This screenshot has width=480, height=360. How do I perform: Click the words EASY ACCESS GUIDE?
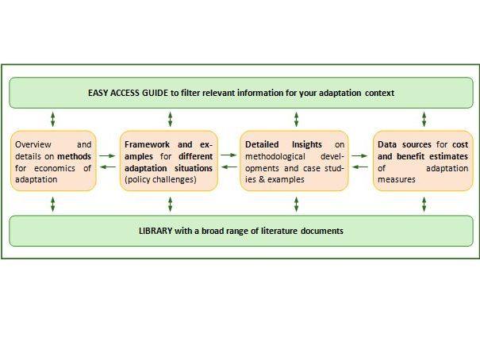coord(128,93)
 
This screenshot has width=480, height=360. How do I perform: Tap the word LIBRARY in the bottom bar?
coord(156,231)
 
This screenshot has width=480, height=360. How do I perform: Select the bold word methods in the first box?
coord(74,156)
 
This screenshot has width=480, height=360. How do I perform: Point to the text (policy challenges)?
coord(160,179)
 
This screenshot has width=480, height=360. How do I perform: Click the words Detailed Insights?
coord(283,144)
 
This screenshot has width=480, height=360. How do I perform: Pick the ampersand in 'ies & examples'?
coord(262,179)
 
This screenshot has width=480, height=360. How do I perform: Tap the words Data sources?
coord(405,144)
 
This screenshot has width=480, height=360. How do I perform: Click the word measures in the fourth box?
coord(397,179)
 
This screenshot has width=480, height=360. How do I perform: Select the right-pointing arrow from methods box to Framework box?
coord(107,155)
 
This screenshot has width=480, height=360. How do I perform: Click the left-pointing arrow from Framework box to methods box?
coord(108,167)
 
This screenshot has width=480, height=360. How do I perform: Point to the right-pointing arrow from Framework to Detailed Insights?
coord(228,155)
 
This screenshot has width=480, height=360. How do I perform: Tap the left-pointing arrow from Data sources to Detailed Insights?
coord(360,167)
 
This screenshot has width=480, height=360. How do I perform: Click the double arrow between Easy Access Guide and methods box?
coord(53,119)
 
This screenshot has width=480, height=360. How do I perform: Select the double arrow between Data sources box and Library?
coord(424,205)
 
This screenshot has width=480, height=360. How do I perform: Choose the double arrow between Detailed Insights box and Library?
coord(296,205)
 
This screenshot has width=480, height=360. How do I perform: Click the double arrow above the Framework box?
coord(171,119)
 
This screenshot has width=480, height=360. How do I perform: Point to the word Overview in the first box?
coord(33,144)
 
